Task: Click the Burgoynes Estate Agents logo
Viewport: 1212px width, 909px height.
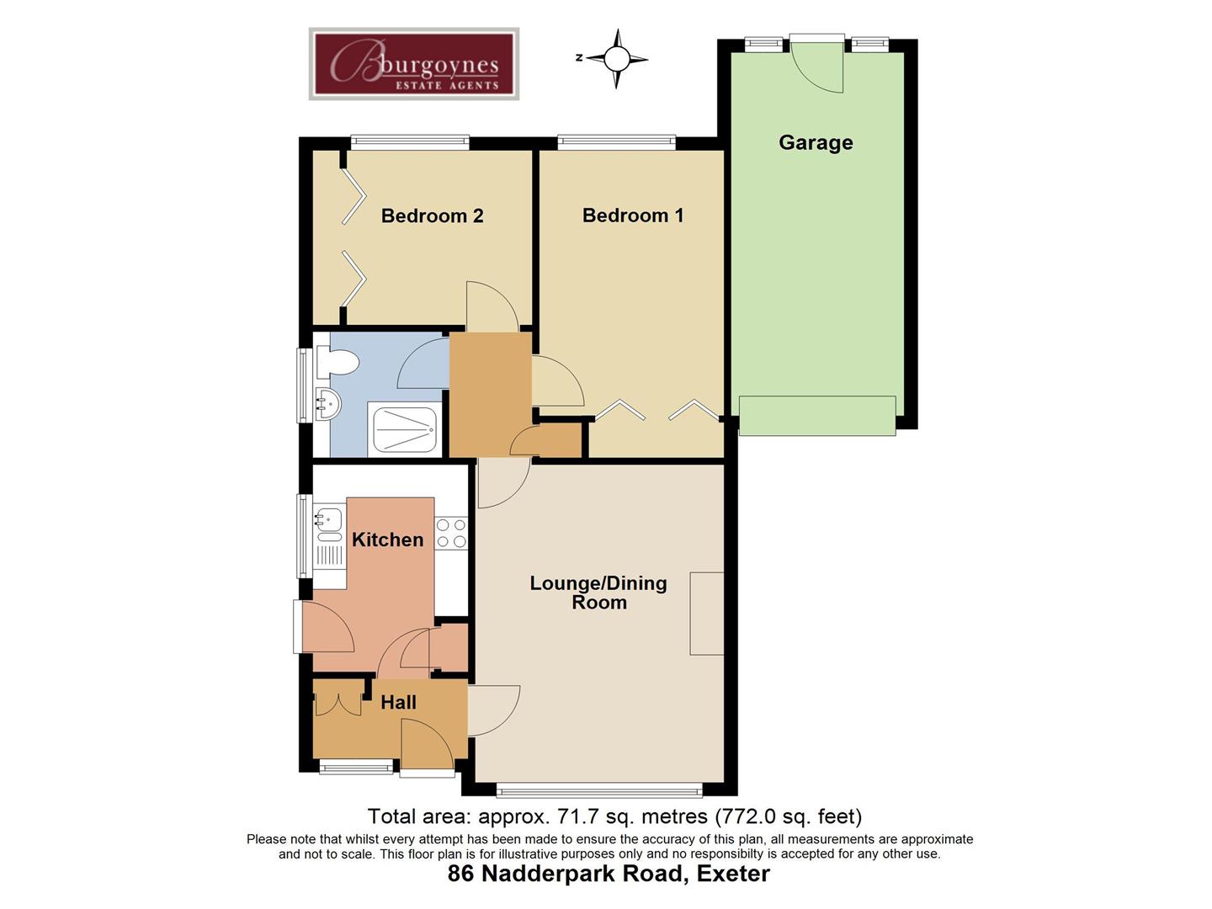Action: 413,63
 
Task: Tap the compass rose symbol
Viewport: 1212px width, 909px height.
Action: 616,59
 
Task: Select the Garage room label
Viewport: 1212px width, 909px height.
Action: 816,143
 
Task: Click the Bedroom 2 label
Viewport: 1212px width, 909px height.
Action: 433,215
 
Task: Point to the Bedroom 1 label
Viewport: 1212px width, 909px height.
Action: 633,215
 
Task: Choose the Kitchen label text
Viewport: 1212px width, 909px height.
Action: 388,540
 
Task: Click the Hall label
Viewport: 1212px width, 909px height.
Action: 398,703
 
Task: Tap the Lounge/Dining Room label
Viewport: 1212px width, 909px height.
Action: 598,593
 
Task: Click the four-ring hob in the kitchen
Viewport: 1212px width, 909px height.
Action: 451,534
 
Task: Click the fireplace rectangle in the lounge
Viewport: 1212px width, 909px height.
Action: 707,614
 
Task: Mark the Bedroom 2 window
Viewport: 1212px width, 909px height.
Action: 410,142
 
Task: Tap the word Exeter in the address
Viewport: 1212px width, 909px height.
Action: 733,874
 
